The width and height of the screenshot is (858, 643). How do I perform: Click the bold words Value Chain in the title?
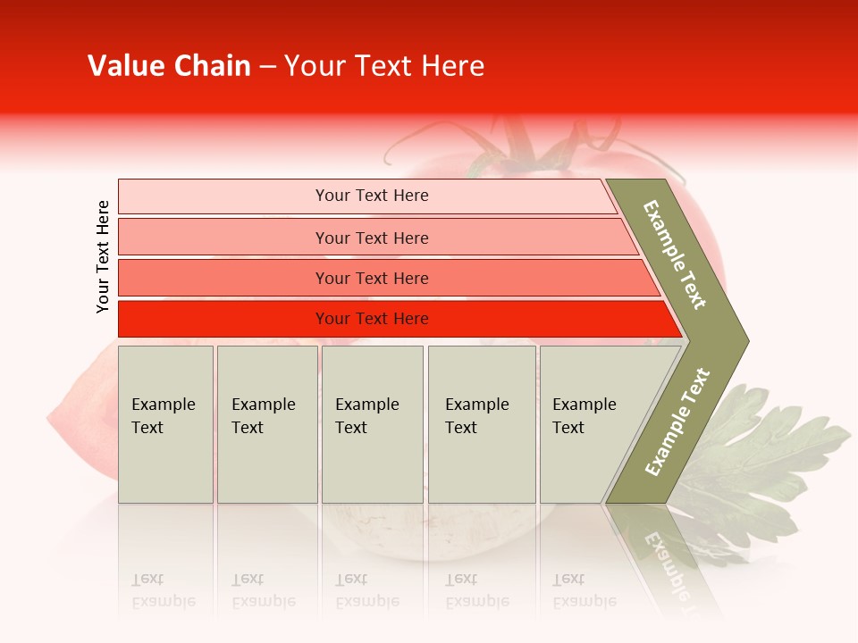point(169,66)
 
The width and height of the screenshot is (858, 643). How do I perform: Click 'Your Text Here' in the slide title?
point(384,66)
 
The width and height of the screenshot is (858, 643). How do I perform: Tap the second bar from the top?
point(372,238)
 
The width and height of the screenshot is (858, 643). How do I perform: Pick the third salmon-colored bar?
point(372,278)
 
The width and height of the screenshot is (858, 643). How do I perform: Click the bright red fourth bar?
point(372,319)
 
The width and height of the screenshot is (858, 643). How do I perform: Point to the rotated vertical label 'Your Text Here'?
point(103,257)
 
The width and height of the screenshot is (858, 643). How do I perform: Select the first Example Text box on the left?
point(165,424)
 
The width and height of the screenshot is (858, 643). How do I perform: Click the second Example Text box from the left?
point(266,424)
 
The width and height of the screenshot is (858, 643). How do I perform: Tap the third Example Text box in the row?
point(372,424)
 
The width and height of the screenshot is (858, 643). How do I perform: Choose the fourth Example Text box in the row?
point(481,424)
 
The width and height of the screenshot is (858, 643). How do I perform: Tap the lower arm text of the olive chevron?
point(677,422)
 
